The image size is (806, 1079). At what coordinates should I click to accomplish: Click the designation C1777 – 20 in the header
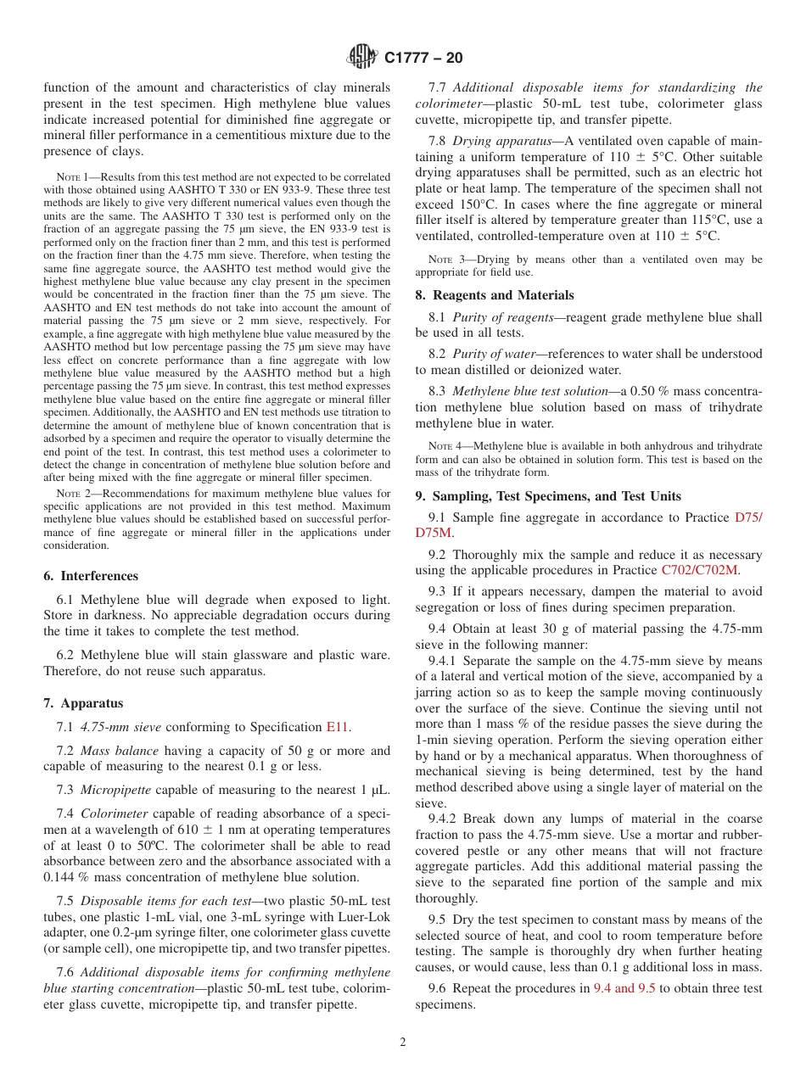[x=423, y=59]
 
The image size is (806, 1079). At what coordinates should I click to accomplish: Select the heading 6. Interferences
[x=91, y=575]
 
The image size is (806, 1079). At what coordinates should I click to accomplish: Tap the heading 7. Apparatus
[x=83, y=703]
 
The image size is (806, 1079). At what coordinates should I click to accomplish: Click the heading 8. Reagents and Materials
[x=495, y=295]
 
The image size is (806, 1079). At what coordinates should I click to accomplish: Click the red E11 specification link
[x=337, y=727]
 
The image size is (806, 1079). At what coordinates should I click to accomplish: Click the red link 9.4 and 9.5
[x=624, y=988]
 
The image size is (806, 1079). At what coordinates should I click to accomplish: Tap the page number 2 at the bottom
[x=403, y=1043]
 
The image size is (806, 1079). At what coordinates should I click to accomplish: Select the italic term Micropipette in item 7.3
[x=115, y=790]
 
